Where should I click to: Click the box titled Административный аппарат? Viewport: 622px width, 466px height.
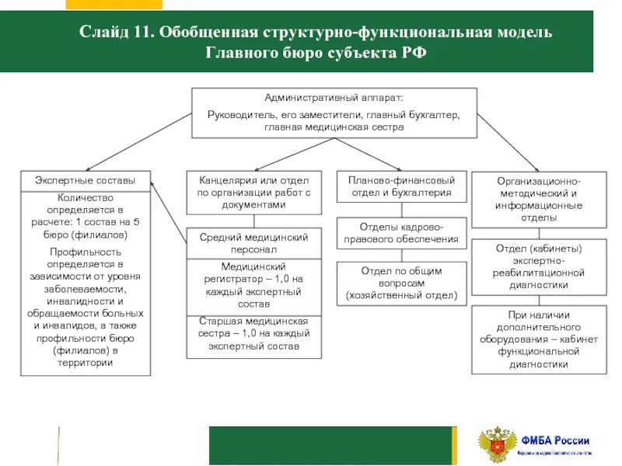tap(334, 113)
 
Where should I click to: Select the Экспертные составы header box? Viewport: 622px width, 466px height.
tap(85, 180)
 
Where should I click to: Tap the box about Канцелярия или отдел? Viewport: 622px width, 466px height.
tap(253, 192)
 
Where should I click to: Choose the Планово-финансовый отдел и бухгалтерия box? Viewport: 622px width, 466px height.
tap(401, 186)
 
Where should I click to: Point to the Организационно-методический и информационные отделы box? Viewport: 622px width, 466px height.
tap(539, 199)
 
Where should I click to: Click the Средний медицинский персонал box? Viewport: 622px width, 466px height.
tap(253, 244)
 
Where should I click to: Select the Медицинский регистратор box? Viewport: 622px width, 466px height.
tap(253, 285)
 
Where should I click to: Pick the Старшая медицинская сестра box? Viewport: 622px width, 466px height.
tap(253, 335)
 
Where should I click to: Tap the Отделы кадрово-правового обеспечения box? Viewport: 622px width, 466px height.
tap(401, 233)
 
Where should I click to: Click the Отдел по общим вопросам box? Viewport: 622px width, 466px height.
tap(401, 283)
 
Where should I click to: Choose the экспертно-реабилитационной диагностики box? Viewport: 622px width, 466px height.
tap(539, 267)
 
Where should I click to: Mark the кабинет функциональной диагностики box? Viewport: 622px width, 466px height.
tap(539, 340)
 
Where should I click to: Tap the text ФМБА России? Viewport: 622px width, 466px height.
tap(555, 440)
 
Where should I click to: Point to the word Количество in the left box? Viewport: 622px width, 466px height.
tap(86, 198)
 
